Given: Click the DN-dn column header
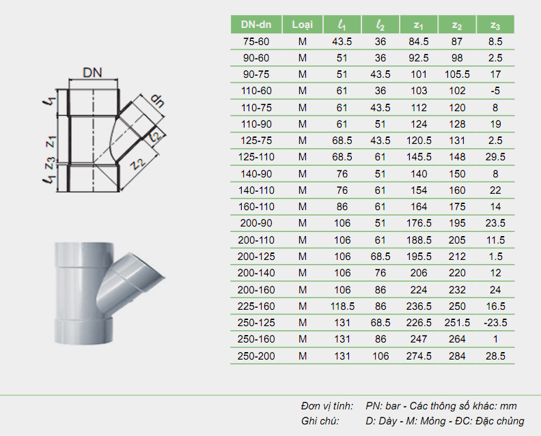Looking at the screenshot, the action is (256, 25).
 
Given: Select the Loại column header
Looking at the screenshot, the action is (302, 25).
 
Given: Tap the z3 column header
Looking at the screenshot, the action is (495, 25).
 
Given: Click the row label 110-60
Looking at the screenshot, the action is (256, 91).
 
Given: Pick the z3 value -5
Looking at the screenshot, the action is (495, 91).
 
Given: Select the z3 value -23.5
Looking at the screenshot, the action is (495, 323).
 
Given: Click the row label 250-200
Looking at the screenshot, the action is (256, 355).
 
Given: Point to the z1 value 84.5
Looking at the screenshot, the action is (419, 42).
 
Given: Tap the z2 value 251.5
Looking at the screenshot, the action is (457, 323).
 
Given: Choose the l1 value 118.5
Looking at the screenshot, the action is (342, 306).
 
